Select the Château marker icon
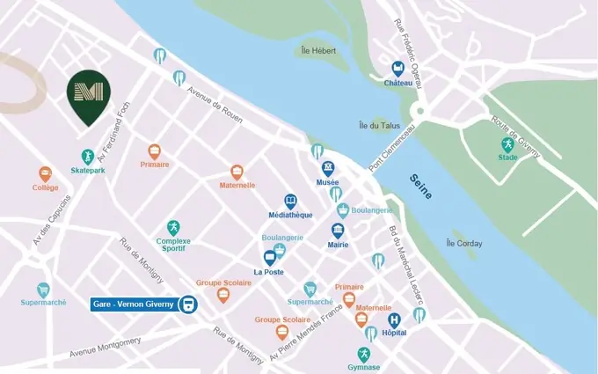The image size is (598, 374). pos(397,69)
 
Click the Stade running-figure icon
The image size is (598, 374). pos(507,144)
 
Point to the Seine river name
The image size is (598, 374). pos(421,186)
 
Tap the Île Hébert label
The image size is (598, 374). pos(318,51)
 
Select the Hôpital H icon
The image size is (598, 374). pos(394,320)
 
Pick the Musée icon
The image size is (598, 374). pos(328,168)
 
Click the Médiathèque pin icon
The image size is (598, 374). pos(290,202)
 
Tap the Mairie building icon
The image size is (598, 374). pos(338,231)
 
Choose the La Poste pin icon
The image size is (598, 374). pos(270,258)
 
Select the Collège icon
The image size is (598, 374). pos(46,174)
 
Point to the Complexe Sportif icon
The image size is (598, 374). pos(173,228)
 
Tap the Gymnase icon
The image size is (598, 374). pos(363,354)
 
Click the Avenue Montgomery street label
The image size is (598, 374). pos(106,348)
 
